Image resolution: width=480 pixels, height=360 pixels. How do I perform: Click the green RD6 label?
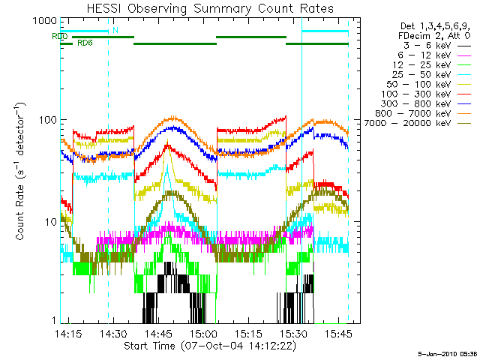point(85,43)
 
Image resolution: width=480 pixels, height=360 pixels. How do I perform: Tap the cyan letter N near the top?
point(115,30)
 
